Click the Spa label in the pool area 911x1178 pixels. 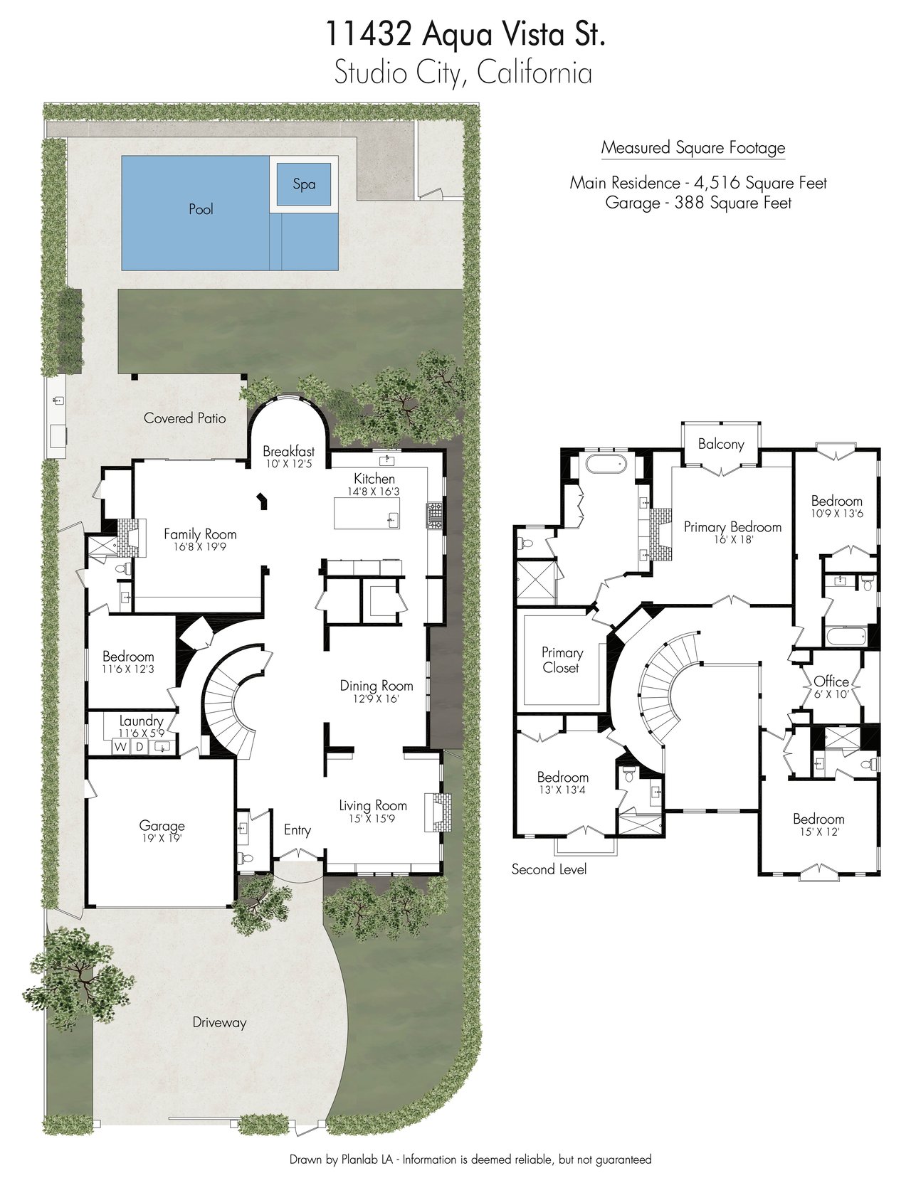tap(304, 184)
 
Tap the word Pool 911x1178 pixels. tap(201, 209)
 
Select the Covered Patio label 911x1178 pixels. tap(185, 418)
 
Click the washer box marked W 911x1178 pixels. tap(120, 747)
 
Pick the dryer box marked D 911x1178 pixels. tap(139, 747)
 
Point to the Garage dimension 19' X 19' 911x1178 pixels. tap(162, 838)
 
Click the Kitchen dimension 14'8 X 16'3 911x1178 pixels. tap(374, 491)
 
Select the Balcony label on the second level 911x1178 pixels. tap(721, 445)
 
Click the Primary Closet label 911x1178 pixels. tap(562, 660)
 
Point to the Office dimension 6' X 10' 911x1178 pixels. tap(831, 694)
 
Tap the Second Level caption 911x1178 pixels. tap(549, 869)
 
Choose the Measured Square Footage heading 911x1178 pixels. tap(693, 148)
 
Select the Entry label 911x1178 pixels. tap(297, 830)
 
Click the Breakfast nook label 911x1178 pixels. tap(288, 451)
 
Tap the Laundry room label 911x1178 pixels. tap(142, 721)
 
